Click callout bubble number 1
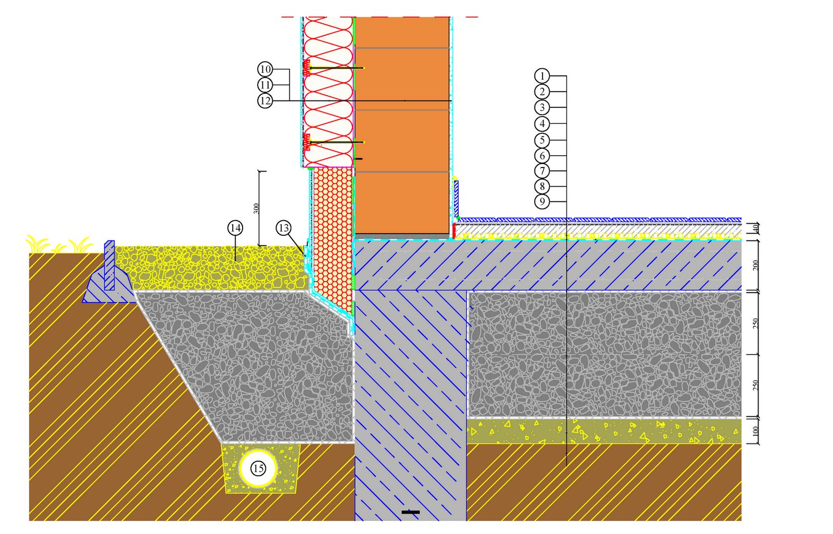[x=542, y=76]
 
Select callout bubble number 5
[x=542, y=140]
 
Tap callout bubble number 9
[x=542, y=201]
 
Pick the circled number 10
[x=265, y=69]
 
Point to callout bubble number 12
[x=265, y=100]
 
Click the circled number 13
[x=283, y=228]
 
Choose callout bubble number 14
[x=235, y=228]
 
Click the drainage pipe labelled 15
[x=258, y=468]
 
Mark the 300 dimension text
[x=256, y=208]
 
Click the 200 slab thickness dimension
[x=755, y=265]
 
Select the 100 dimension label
[x=755, y=431]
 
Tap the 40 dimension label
[x=755, y=228]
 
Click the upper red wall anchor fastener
[x=307, y=68]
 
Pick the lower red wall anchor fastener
[x=307, y=142]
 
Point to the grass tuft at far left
[x=36, y=244]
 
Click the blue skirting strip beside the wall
[x=457, y=198]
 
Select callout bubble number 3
[x=542, y=108]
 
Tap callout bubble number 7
[x=542, y=171]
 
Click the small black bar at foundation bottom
[x=410, y=512]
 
